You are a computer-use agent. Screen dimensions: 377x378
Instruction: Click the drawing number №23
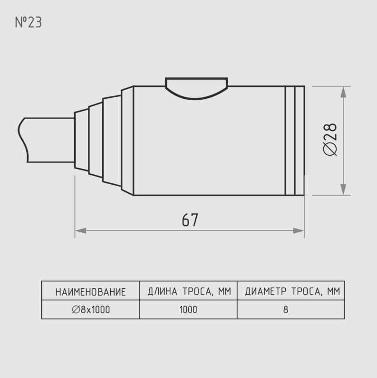pyautogui.click(x=28, y=22)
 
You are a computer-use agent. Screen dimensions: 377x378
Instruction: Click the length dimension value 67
pyautogui.click(x=190, y=219)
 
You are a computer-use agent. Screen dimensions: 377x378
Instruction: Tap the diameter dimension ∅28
pyautogui.click(x=330, y=139)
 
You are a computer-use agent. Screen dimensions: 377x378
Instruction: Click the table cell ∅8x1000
pyautogui.click(x=91, y=310)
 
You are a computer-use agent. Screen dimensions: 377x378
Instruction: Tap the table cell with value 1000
pyautogui.click(x=188, y=310)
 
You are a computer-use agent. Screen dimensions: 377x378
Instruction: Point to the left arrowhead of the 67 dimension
pyautogui.click(x=81, y=231)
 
